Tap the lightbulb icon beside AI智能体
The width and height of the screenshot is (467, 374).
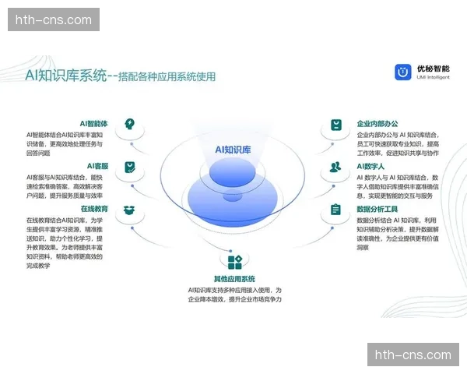tap(130, 124)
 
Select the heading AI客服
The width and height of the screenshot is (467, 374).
tap(97, 166)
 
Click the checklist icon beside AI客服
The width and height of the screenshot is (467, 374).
tap(130, 167)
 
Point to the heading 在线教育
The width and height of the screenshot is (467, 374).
tap(94, 209)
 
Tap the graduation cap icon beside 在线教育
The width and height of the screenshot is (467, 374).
tap(130, 210)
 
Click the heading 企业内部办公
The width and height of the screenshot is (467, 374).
tap(377, 124)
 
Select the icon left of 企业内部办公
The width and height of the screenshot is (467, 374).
tap(335, 125)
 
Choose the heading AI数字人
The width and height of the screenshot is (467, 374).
tap(372, 166)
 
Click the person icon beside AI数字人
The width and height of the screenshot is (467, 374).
tap(335, 167)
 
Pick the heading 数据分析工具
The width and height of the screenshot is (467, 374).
tap(377, 209)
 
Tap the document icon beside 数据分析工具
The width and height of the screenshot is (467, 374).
tap(335, 210)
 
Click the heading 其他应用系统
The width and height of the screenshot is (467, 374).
tap(234, 279)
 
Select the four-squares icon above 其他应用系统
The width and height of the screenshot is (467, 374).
tap(234, 261)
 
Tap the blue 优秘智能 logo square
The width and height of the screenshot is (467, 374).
tap(402, 72)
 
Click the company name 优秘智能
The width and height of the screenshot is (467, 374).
tap(434, 69)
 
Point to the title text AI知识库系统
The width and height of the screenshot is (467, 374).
tap(65, 76)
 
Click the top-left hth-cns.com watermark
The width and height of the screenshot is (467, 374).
tap(53, 19)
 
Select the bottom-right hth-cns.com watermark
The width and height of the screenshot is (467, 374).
tap(413, 355)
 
